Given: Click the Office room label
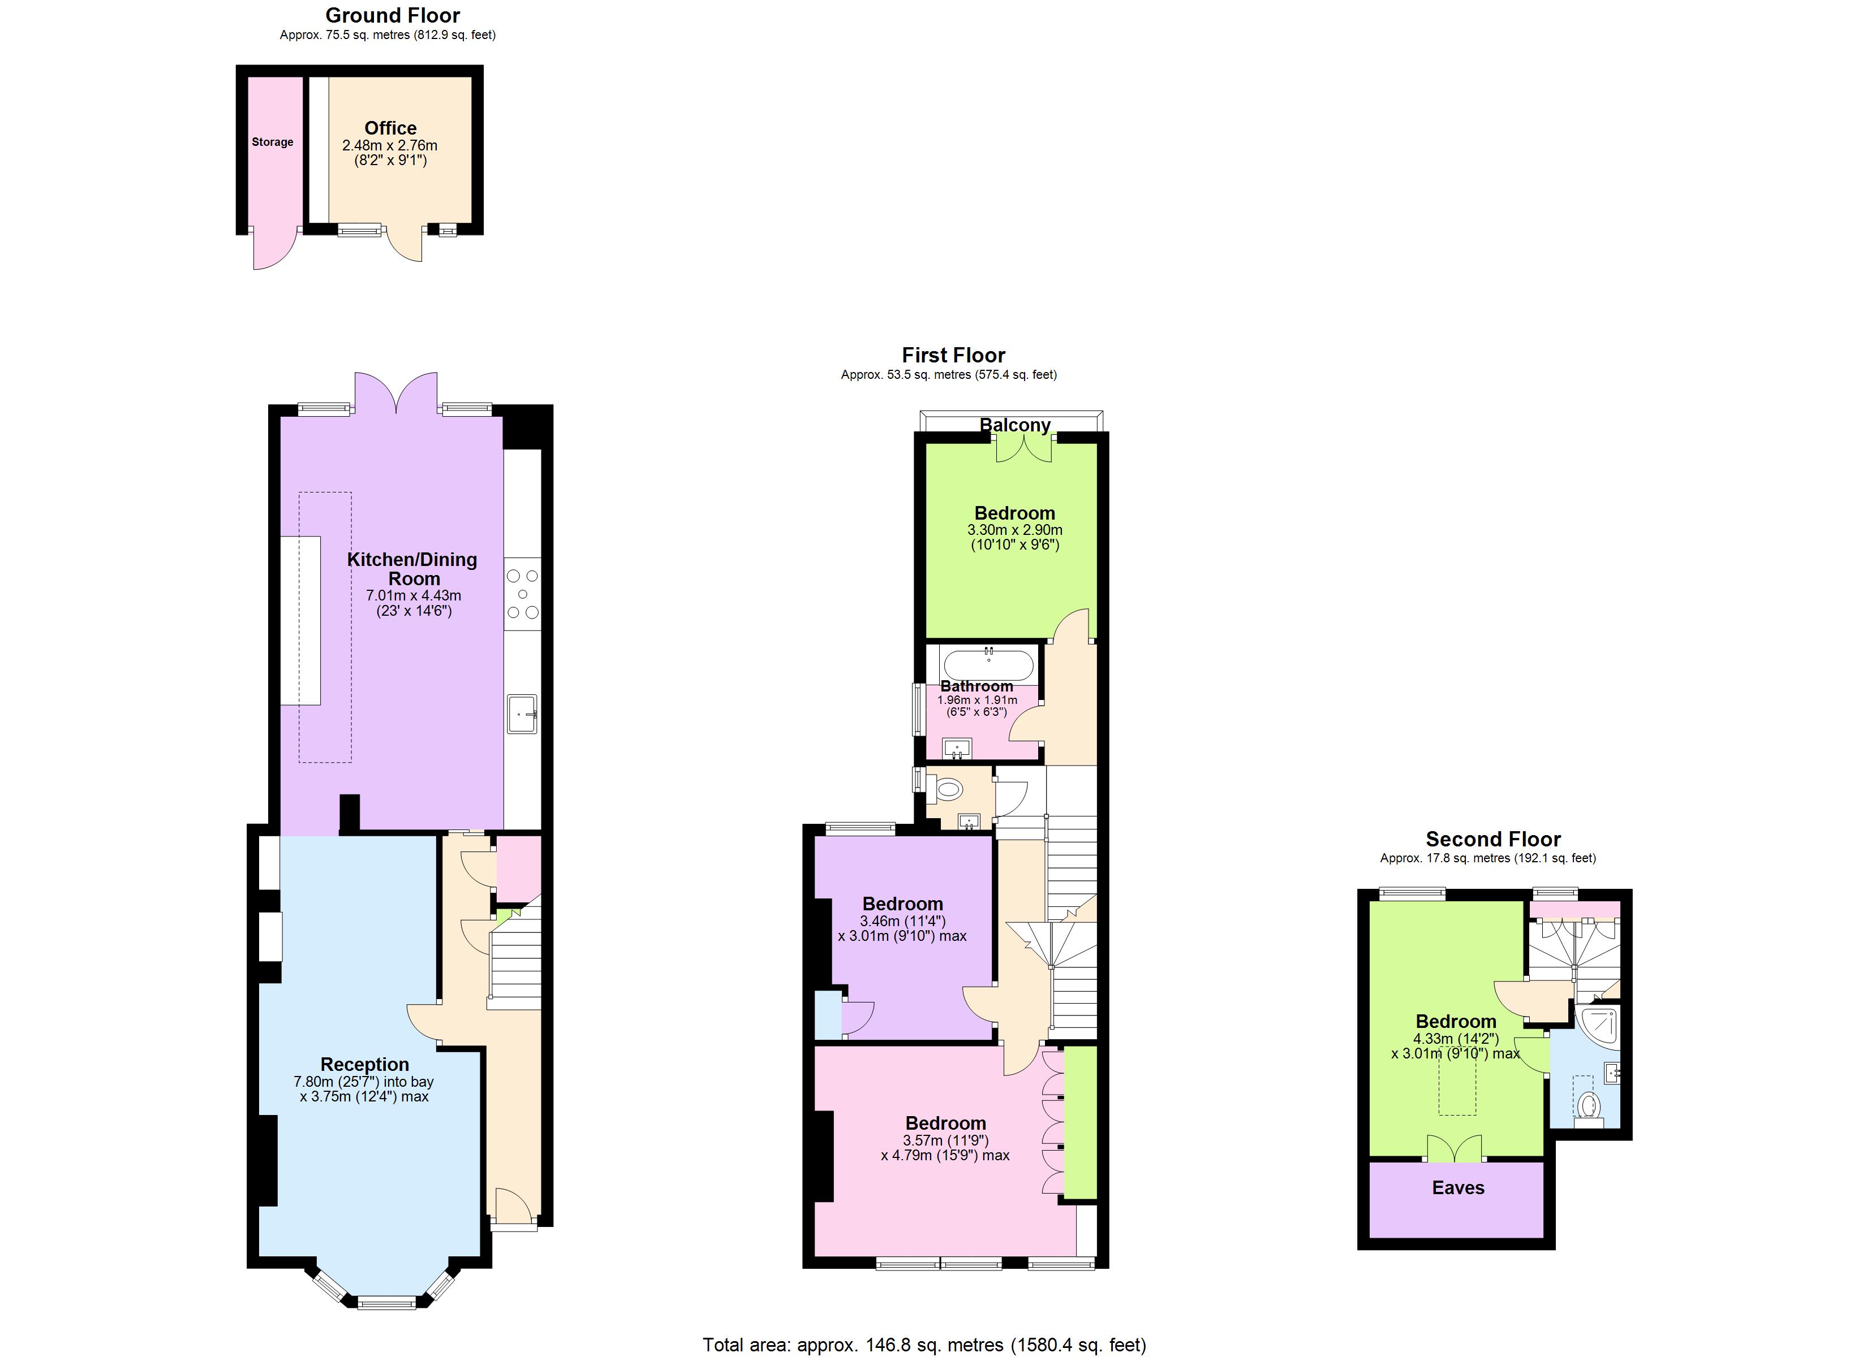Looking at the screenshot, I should click(390, 128).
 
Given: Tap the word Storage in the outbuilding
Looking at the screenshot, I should click(273, 142).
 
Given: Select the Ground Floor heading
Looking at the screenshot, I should click(393, 16).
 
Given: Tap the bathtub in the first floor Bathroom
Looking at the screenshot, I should click(988, 663).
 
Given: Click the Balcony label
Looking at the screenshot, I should click(1014, 425).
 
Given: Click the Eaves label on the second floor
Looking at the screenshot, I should click(1458, 1187).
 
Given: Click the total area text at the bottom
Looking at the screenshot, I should click(924, 1345).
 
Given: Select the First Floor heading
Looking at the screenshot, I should click(953, 356).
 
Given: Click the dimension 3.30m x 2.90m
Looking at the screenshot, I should click(1014, 530).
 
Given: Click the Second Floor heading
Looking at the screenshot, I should click(1492, 840).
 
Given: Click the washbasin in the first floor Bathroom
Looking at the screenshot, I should click(957, 749).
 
